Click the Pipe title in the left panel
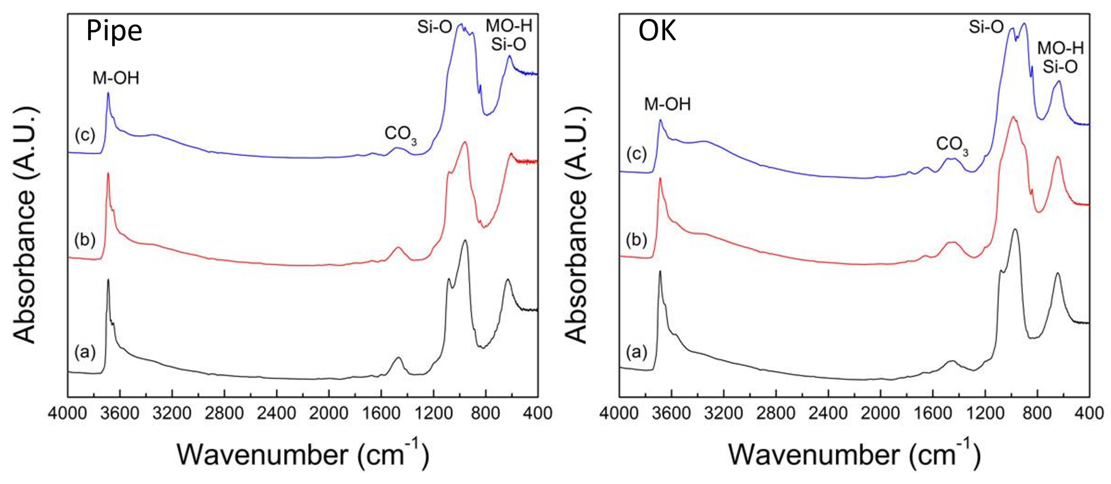click(x=114, y=31)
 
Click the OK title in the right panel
click(x=657, y=31)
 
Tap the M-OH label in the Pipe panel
click(x=116, y=78)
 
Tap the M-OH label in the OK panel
click(x=667, y=104)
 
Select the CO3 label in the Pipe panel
click(x=400, y=134)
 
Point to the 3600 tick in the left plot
click(x=120, y=413)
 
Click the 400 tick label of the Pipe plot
click(x=537, y=413)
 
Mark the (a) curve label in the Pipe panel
click(x=85, y=352)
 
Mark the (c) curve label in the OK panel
click(x=637, y=154)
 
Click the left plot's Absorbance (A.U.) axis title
click(x=25, y=224)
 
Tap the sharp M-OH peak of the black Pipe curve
click(x=108, y=280)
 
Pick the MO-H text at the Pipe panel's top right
click(x=509, y=26)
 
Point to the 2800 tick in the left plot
click(x=224, y=413)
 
